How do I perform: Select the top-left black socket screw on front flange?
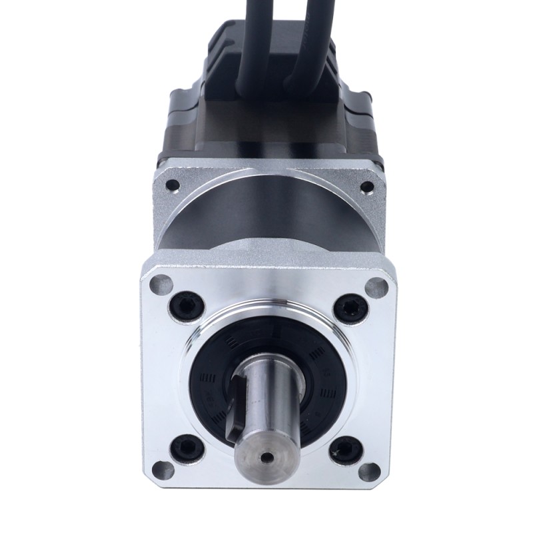(x=185, y=307)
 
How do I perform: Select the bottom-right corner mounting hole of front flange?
(x=370, y=472)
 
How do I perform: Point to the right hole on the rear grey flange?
(x=366, y=187)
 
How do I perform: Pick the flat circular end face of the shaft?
(x=266, y=453)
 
